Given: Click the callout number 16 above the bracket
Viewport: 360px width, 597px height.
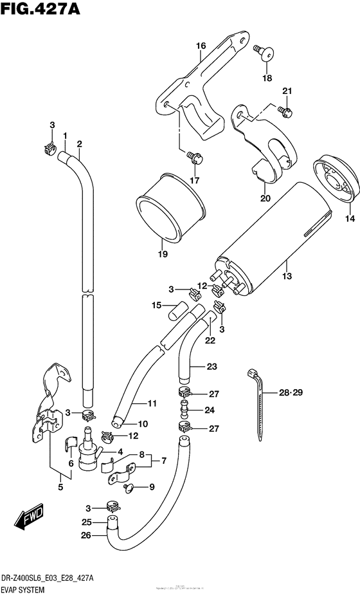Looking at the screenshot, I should [201, 46].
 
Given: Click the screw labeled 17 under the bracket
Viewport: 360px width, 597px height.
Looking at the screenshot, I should [192, 155].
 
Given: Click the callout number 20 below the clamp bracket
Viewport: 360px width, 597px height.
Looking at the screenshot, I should [265, 198].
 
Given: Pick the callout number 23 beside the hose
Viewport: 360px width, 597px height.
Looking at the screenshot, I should [212, 367].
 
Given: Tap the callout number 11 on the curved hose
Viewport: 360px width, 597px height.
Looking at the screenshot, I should [152, 403].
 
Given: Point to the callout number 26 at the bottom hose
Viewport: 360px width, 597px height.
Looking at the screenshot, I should [86, 534].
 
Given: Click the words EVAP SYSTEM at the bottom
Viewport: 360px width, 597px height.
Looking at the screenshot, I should [32, 587].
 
